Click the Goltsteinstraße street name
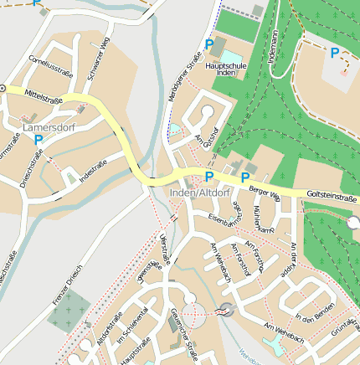331,198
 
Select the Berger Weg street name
264,193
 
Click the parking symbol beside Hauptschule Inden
209,44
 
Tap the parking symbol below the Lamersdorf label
39,140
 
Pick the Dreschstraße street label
32,167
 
